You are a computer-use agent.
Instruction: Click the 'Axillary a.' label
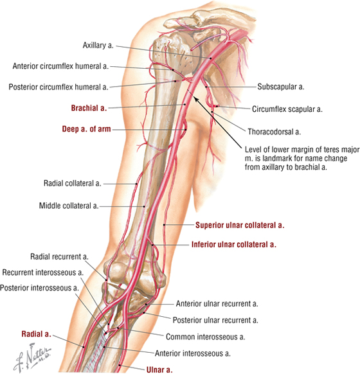pyautogui.click(x=98, y=46)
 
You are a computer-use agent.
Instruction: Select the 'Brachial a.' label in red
pyautogui.click(x=89, y=108)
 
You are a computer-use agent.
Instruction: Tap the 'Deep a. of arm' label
pyautogui.click(x=87, y=129)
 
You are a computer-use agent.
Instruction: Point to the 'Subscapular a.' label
pyautogui.click(x=280, y=87)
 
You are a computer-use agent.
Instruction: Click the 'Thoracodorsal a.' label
pyautogui.click(x=274, y=132)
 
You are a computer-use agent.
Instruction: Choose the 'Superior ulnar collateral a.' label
pyautogui.click(x=240, y=225)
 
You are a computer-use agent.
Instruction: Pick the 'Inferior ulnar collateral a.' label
pyautogui.click(x=234, y=244)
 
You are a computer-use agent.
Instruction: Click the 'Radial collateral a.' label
pyautogui.click(x=73, y=183)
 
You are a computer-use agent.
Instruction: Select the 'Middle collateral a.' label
pyautogui.click(x=69, y=206)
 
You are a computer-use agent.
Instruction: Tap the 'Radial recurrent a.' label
pyautogui.click(x=59, y=256)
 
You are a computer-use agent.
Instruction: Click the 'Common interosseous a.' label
pyautogui.click(x=206, y=337)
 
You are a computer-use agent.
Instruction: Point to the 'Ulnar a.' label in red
pyautogui.click(x=159, y=370)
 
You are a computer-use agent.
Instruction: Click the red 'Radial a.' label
pyautogui.click(x=36, y=334)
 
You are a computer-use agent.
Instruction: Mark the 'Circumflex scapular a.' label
pyautogui.click(x=287, y=109)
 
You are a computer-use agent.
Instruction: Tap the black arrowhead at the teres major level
pyautogui.click(x=195, y=98)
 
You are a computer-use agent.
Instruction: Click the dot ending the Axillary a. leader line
pyautogui.click(x=211, y=58)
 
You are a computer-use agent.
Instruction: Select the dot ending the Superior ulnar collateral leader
pyautogui.click(x=164, y=225)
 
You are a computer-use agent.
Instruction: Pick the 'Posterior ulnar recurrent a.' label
pyautogui.click(x=215, y=320)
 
